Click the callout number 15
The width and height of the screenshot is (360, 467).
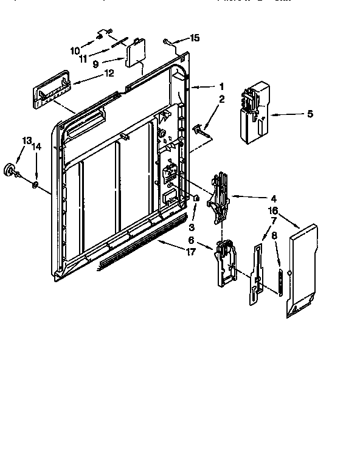tap(195, 38)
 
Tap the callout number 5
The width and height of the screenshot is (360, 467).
tap(310, 114)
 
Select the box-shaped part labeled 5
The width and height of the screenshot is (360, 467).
tap(252, 112)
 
